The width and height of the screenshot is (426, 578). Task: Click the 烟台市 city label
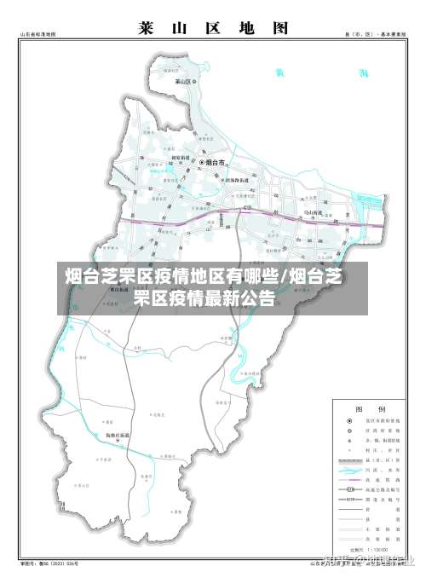216,161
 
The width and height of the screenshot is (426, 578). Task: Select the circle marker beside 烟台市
202,161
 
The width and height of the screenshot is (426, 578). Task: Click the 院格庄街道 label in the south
118,436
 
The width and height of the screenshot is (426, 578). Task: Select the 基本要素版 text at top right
391,35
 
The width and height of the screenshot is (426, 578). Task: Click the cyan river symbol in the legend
349,469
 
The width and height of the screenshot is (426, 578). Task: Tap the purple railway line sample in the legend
349,481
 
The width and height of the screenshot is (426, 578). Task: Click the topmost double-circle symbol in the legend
349,421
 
